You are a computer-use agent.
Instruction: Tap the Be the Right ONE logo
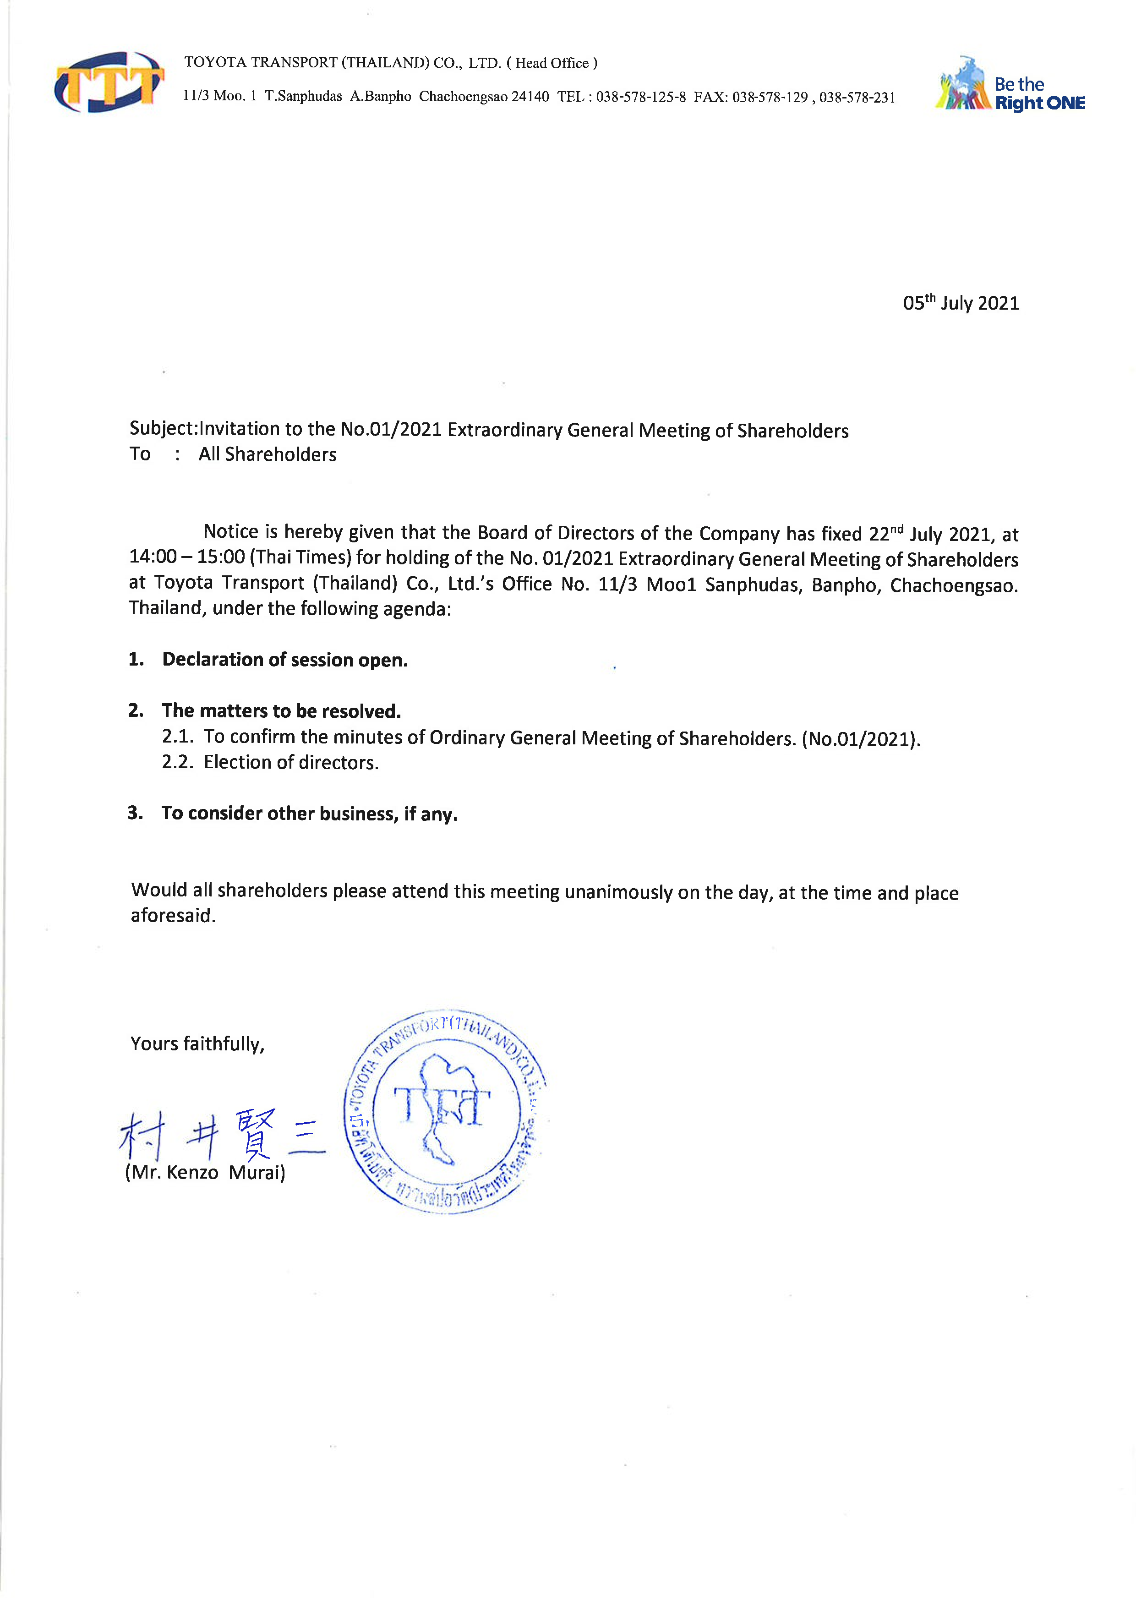[x=1010, y=84]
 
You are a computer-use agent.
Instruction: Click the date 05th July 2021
[x=961, y=303]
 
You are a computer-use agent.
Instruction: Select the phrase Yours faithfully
[x=197, y=1044]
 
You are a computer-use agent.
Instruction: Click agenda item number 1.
[x=136, y=659]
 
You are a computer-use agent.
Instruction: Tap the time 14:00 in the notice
[x=153, y=557]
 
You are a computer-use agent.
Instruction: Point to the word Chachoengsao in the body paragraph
[x=953, y=585]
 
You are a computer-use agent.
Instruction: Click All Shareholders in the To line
[x=267, y=455]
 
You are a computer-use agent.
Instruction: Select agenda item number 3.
[x=135, y=813]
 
